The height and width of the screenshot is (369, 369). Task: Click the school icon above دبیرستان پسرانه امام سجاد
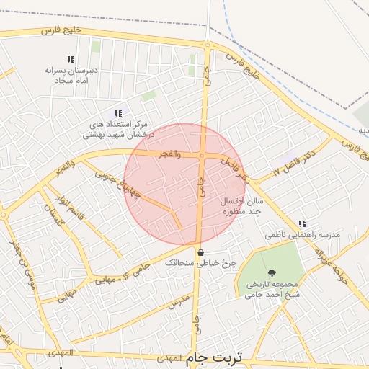70,59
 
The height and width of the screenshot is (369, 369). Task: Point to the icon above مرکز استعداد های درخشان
118,112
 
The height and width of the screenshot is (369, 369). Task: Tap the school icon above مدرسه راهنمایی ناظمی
301,223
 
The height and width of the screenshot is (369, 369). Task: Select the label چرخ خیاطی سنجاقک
200,264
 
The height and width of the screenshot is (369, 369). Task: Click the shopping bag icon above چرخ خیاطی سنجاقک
200,252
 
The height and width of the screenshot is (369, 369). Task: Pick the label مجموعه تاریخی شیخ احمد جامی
272,289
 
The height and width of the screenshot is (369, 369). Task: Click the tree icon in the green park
272,273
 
